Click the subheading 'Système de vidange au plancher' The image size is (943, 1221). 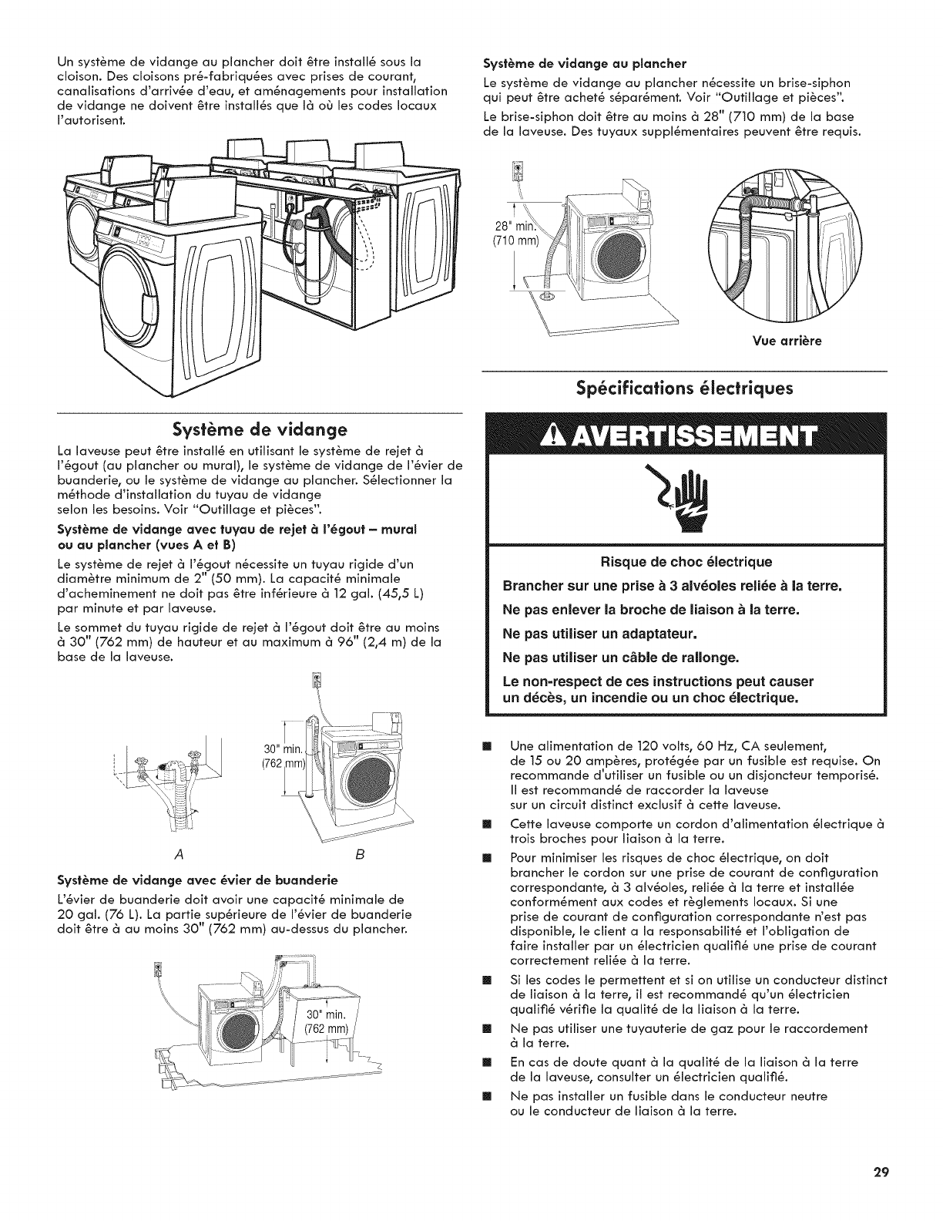584,62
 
